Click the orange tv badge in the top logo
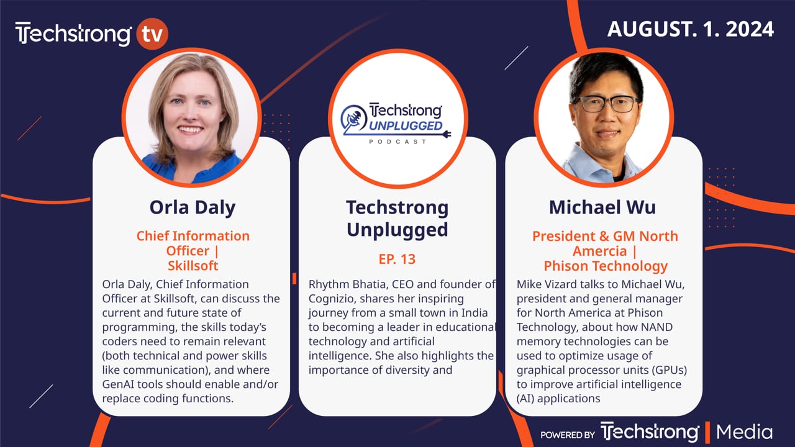click(152, 34)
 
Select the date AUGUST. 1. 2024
click(690, 29)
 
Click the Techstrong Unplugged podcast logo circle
click(397, 118)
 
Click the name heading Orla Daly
click(193, 207)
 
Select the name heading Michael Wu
click(602, 207)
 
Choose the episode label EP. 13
click(397, 259)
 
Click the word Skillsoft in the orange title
click(193, 266)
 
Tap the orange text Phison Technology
click(606, 266)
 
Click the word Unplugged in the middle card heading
click(397, 230)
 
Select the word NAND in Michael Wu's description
click(655, 327)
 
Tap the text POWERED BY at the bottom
click(567, 435)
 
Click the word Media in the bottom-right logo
click(744, 432)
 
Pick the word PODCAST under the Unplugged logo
click(397, 142)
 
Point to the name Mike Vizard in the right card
click(548, 284)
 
